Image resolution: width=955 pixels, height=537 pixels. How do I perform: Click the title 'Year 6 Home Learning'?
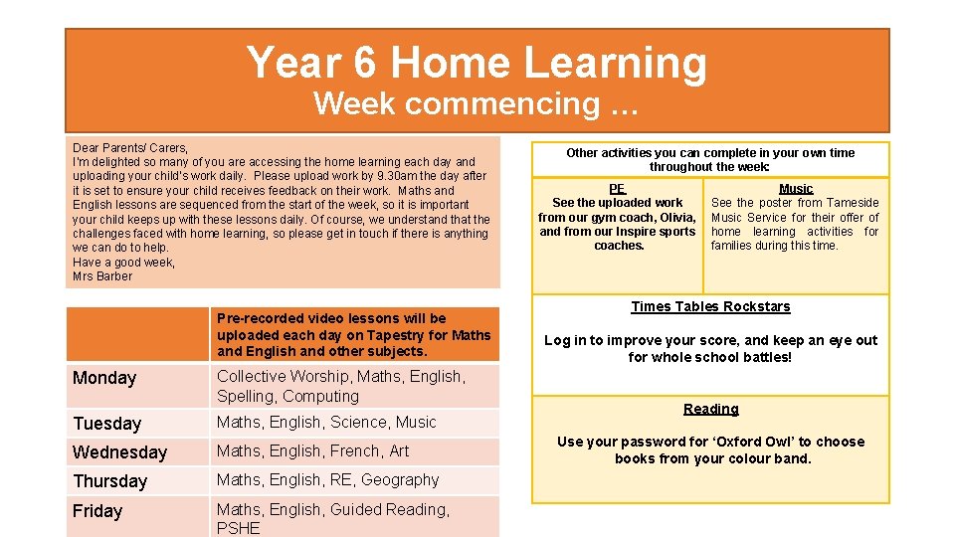[x=477, y=63]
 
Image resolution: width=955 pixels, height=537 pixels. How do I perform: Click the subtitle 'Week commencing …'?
[x=477, y=103]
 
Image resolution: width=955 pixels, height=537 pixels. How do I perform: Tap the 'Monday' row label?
[x=104, y=378]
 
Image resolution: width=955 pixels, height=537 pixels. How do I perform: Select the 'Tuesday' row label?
[x=107, y=424]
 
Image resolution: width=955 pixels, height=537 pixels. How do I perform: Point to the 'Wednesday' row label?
[x=119, y=452]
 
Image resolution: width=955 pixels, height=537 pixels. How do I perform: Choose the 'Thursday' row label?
[x=109, y=481]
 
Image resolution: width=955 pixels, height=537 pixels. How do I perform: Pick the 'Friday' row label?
[x=97, y=511]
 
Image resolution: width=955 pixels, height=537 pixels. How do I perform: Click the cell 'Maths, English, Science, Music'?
[x=326, y=423]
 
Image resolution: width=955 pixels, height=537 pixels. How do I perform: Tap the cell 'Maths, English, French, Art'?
[x=313, y=451]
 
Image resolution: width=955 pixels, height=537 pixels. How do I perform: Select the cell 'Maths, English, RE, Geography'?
[x=327, y=480]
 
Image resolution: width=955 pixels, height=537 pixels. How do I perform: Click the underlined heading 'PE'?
[x=617, y=188]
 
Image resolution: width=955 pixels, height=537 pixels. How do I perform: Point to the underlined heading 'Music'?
[x=796, y=189]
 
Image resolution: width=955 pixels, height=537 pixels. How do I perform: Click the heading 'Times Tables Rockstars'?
[x=710, y=306]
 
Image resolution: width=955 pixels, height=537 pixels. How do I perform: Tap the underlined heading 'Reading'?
[x=710, y=409]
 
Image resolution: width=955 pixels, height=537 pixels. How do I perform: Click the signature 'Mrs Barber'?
[x=102, y=276]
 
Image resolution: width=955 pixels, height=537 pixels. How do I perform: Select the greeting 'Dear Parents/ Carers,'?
[x=130, y=147]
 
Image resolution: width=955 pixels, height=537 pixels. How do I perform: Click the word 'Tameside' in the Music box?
[x=854, y=203]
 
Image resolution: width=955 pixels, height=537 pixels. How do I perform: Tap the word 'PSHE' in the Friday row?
[x=238, y=528]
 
